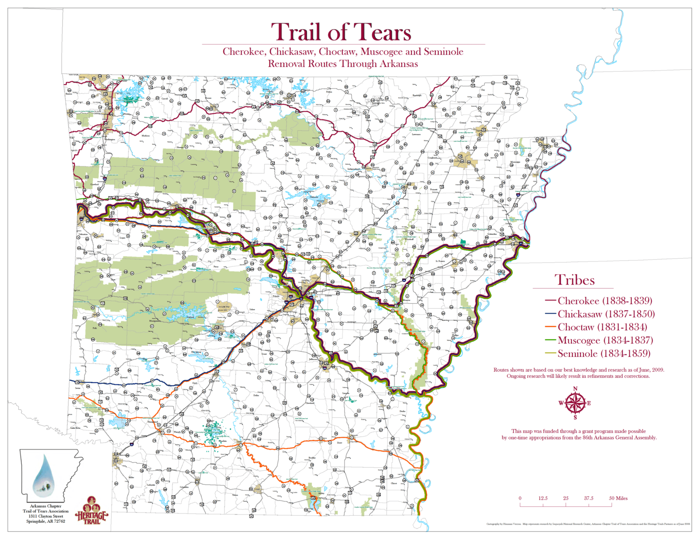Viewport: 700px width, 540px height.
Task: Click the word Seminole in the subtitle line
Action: tap(443, 52)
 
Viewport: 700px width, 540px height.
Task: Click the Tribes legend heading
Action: tap(574, 280)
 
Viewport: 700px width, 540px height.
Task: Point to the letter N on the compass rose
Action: tap(575, 389)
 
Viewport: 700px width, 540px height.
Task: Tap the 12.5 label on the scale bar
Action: tap(543, 498)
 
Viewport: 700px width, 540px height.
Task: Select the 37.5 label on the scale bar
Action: tap(588, 498)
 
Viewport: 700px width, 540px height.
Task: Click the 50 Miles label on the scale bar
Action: tap(618, 498)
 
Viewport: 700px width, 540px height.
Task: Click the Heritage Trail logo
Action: tap(92, 511)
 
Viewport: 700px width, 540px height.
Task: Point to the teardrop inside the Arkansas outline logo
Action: tap(44, 476)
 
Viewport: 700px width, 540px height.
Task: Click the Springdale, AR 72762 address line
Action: tap(45, 521)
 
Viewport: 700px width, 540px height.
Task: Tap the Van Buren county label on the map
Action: tap(261, 192)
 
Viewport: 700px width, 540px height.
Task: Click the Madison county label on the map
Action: tap(145, 136)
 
